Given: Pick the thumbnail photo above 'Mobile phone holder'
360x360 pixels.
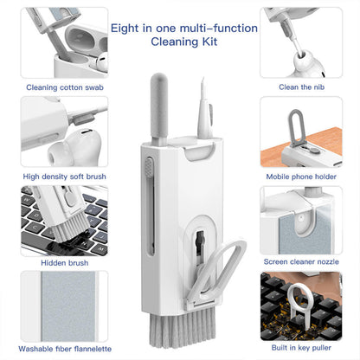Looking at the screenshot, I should [x=300, y=132].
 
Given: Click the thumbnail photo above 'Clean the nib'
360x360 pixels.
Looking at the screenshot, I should [x=300, y=42].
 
